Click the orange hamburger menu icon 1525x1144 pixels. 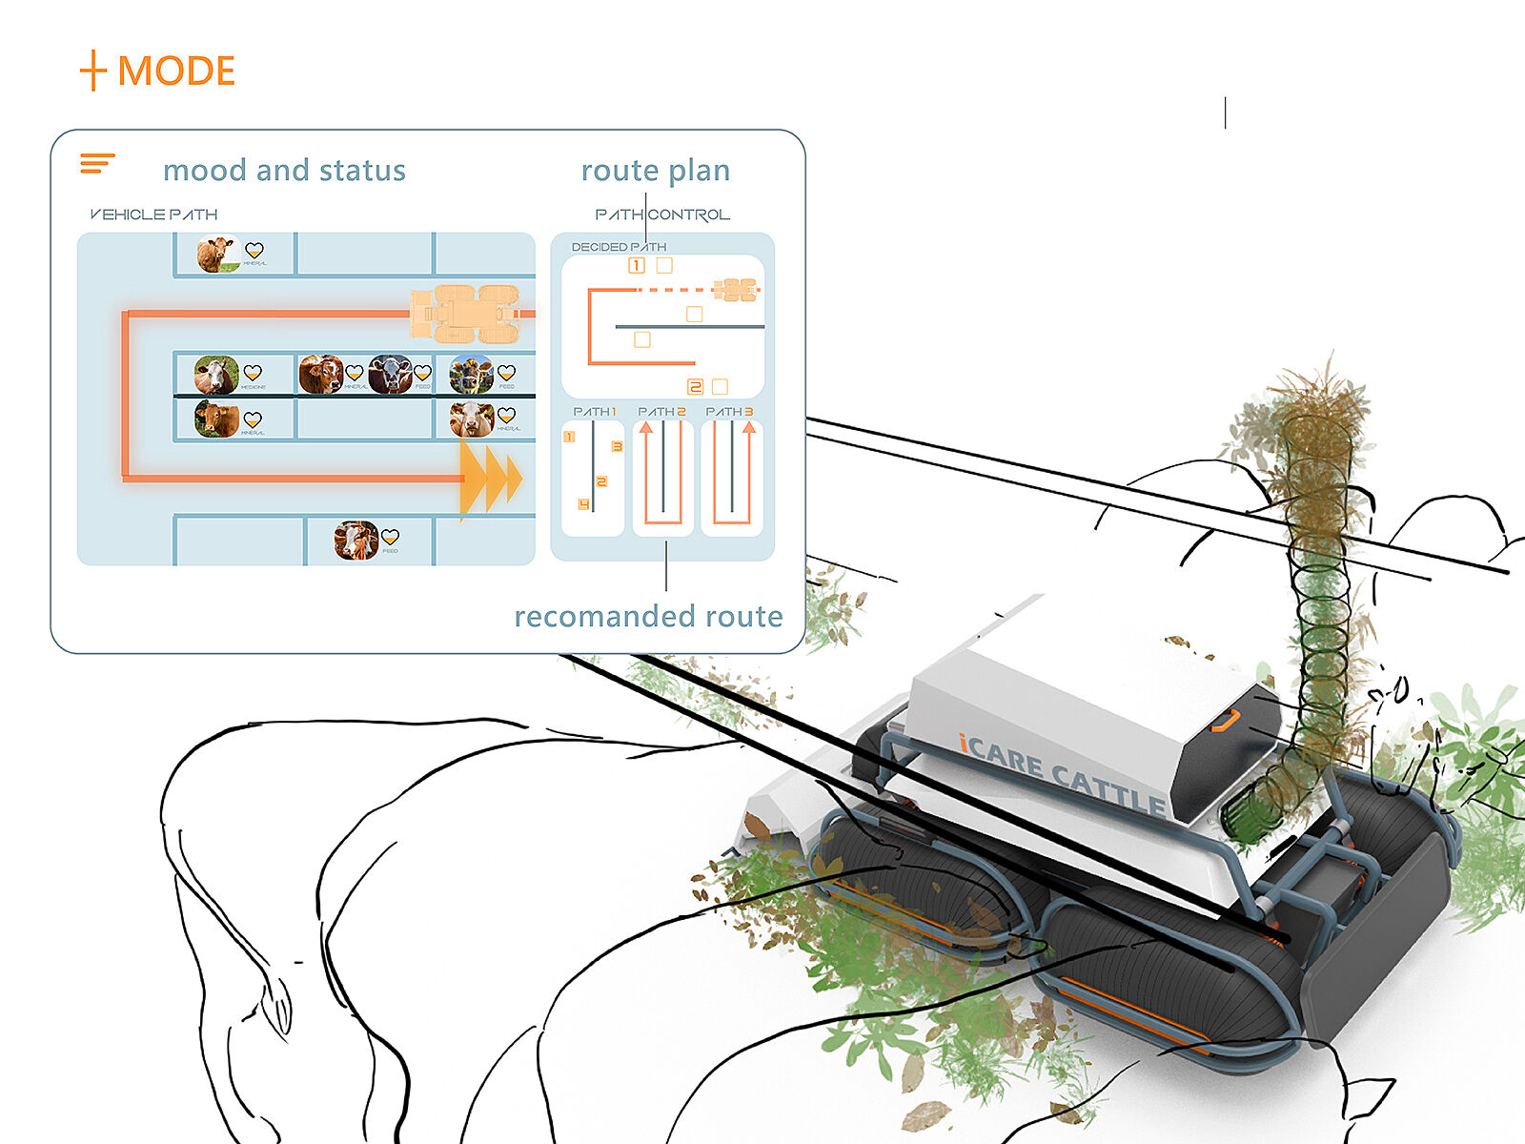pos(97,163)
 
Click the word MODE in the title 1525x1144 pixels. pos(176,71)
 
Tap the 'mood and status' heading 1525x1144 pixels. pos(284,171)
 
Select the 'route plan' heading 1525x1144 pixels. pos(656,171)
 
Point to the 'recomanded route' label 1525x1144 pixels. pos(648,617)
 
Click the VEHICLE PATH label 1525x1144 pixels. pos(154,214)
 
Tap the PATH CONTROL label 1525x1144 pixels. pos(662,214)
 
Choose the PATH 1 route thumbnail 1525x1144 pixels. pos(593,477)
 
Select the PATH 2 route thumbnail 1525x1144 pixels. pos(663,477)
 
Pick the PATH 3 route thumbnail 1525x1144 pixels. pos(732,477)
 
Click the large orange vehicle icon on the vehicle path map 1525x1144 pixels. pos(465,313)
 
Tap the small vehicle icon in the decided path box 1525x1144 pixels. pos(735,289)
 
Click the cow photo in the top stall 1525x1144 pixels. pos(216,255)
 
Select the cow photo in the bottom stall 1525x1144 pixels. pos(356,540)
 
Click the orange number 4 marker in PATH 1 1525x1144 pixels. pos(583,504)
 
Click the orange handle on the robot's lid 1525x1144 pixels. pos(1227,721)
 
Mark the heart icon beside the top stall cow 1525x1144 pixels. pos(254,251)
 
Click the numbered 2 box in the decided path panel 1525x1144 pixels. pos(695,386)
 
